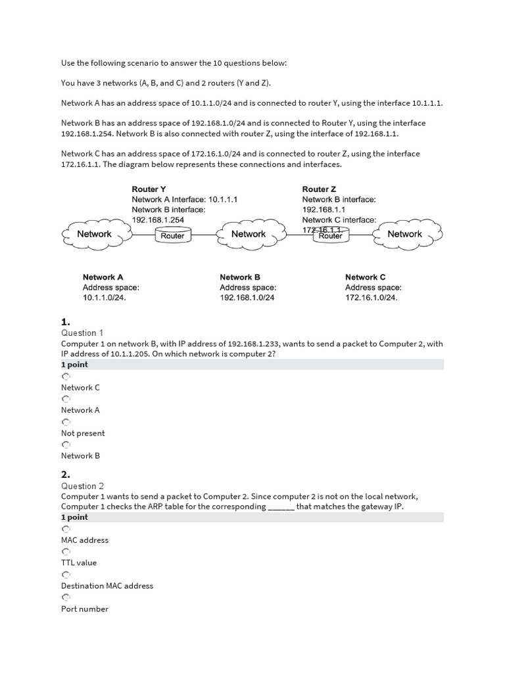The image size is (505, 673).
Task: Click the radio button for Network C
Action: coord(65,377)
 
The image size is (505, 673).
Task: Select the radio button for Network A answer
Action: coord(65,399)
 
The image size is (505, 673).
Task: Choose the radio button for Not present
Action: coord(65,422)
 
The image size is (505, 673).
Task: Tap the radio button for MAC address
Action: coord(65,529)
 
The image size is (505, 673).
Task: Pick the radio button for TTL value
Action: coord(65,551)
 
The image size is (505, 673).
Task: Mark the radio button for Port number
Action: coord(65,597)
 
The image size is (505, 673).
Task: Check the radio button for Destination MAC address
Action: coord(65,574)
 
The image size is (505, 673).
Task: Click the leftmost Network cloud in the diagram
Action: coord(95,234)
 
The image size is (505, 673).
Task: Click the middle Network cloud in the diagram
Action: coord(249,234)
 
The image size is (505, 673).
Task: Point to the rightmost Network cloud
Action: coord(404,234)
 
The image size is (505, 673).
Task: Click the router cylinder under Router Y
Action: coord(173,235)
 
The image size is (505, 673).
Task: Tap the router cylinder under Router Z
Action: coord(330,235)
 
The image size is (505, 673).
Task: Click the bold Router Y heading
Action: coord(149,189)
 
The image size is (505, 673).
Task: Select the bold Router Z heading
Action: coord(319,189)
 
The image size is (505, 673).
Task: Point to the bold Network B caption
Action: coord(240,277)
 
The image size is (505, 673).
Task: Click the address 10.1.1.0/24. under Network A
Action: coord(104,298)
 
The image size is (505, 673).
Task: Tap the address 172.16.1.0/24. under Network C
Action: coord(372,298)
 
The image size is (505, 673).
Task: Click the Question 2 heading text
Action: coord(83,486)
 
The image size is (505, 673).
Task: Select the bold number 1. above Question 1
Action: coord(66,321)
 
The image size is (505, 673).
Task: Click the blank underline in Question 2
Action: coord(281,507)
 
